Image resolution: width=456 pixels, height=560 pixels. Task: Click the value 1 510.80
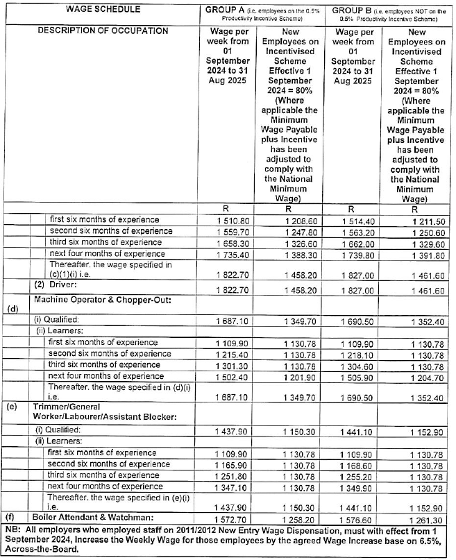tap(225, 219)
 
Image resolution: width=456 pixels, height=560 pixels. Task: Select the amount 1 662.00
tap(353, 242)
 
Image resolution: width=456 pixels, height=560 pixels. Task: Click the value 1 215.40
tap(225, 354)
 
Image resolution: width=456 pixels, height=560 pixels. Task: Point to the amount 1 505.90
tap(353, 376)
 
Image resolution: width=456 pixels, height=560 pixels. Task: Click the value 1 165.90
tap(225, 464)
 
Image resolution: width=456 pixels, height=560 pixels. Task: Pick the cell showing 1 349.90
tap(353, 488)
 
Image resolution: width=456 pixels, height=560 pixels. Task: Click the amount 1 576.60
tap(353, 518)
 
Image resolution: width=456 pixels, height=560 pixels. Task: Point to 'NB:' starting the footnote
tap(13, 529)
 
